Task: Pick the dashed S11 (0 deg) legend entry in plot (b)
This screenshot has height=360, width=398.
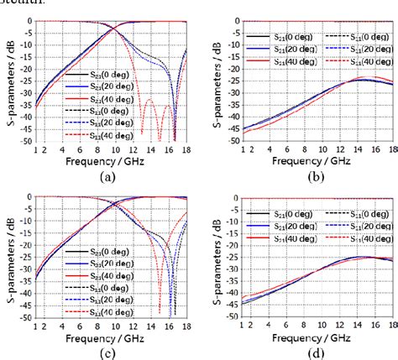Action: pyautogui.click(x=348, y=36)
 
